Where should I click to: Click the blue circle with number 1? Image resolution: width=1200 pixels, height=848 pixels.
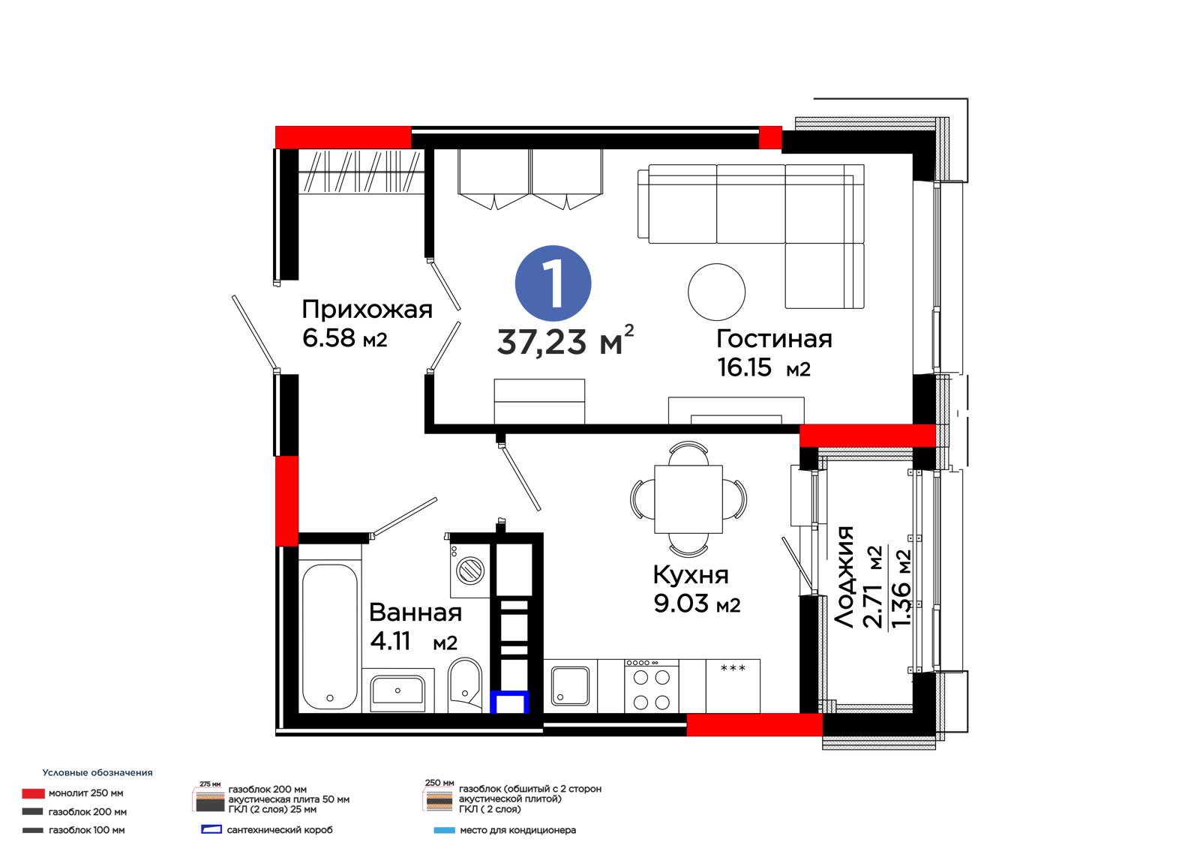[x=553, y=283]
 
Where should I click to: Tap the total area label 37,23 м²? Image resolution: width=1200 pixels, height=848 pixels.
[x=565, y=340]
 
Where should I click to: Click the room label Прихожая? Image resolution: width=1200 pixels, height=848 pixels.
[x=367, y=310]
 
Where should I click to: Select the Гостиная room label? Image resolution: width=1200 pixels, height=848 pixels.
[x=774, y=339]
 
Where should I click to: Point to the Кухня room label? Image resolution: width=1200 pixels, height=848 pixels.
[x=691, y=575]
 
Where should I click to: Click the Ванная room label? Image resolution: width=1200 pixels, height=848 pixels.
[x=415, y=613]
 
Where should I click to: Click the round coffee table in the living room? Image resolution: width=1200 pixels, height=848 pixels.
[x=716, y=292]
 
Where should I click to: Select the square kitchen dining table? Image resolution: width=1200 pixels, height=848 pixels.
[x=688, y=499]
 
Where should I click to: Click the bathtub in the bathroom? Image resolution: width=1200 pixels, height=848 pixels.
[x=329, y=637]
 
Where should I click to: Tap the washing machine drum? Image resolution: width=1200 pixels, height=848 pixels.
[x=469, y=569]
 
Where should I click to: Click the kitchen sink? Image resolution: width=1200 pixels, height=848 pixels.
[x=570, y=686]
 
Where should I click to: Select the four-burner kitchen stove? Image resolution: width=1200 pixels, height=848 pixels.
[x=652, y=686]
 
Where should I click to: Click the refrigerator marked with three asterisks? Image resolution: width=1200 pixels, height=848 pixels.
[x=733, y=686]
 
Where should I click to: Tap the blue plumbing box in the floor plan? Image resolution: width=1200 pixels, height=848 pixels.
[x=509, y=702]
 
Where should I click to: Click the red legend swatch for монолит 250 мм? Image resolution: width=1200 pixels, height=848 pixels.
[x=33, y=793]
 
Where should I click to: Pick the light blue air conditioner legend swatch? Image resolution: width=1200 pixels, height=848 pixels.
[x=444, y=830]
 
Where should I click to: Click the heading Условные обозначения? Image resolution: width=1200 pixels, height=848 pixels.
[x=97, y=773]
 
